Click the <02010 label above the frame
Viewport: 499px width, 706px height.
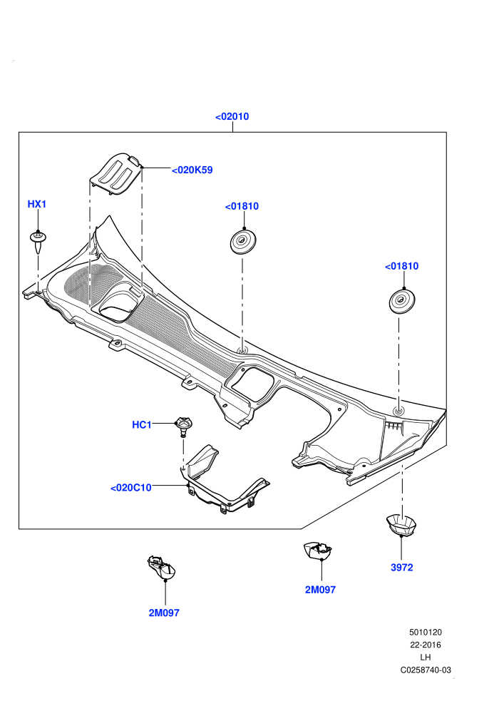tap(232, 117)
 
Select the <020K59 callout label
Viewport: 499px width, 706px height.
tap(192, 170)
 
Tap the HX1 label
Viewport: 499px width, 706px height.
tap(37, 204)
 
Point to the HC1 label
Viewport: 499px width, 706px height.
tap(142, 424)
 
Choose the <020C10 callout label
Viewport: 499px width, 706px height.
tap(131, 488)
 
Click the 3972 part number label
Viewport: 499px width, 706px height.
tap(402, 568)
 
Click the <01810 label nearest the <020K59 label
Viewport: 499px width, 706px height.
tap(242, 206)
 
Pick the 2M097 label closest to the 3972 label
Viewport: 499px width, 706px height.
tap(320, 590)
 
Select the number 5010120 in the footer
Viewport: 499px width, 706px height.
tap(425, 632)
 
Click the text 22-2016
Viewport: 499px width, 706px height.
tap(425, 645)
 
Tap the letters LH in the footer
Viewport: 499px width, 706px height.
tap(425, 658)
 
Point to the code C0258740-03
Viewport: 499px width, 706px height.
tap(426, 670)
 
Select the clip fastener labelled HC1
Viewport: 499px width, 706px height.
tap(183, 426)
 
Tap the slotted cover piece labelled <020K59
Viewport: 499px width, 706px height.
tap(115, 174)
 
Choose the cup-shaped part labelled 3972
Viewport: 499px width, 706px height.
tap(401, 525)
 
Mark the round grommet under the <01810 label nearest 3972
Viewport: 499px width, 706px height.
tap(402, 301)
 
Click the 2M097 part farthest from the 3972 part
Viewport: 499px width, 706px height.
tap(162, 568)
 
